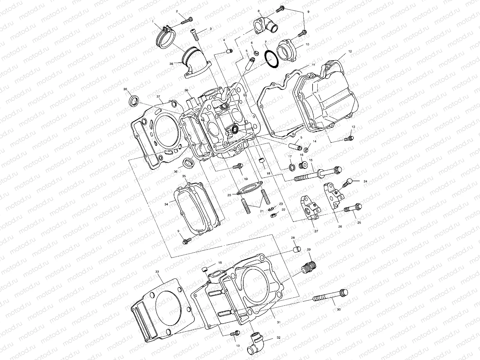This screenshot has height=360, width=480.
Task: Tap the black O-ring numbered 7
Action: [271, 60]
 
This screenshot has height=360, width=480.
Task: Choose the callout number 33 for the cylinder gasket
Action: [157, 271]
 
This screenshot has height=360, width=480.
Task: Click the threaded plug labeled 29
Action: [308, 266]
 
